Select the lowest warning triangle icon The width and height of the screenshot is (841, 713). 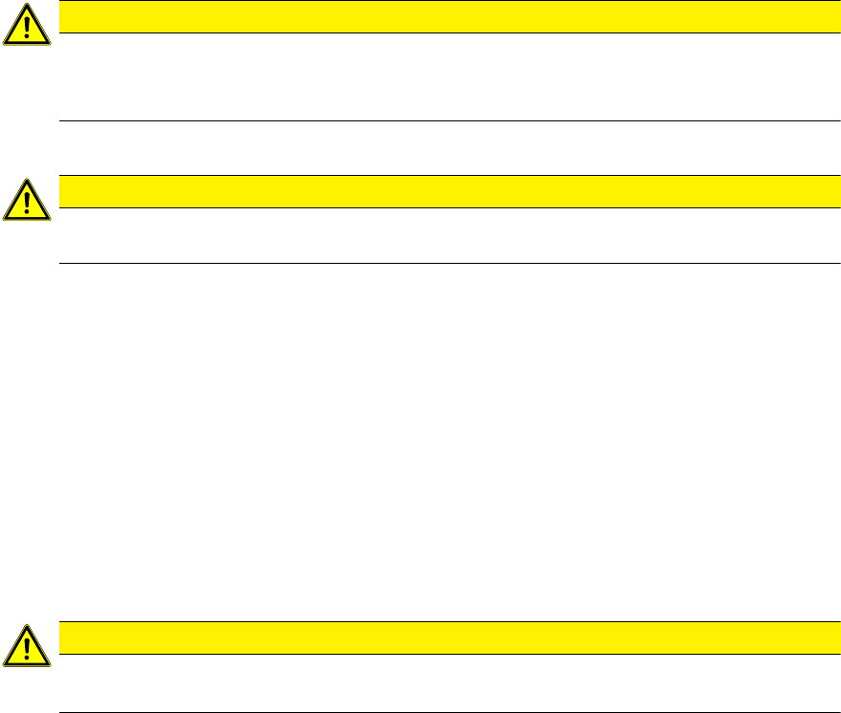[28, 646]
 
